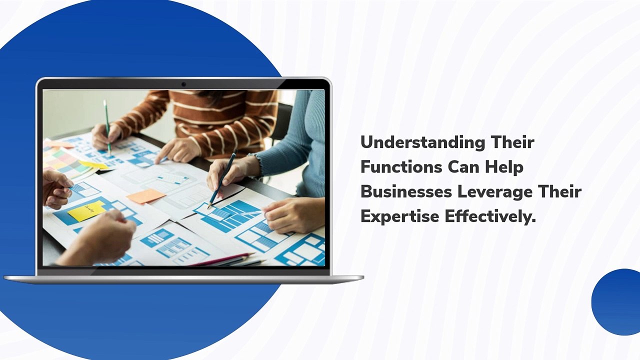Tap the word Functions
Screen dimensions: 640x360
click(x=401, y=167)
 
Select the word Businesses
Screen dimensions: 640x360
click(x=406, y=191)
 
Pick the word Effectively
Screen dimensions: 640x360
click(x=490, y=216)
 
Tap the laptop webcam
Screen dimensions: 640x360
click(x=183, y=84)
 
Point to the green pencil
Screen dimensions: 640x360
click(x=107, y=127)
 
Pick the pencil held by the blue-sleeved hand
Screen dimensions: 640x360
click(x=222, y=178)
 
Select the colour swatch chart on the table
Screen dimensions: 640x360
click(x=68, y=163)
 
